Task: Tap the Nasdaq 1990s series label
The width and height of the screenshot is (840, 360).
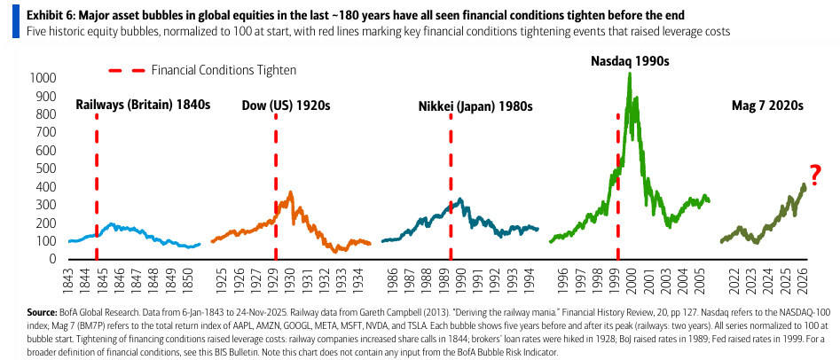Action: pyautogui.click(x=630, y=61)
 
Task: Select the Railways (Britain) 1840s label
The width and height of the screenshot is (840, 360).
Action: pyautogui.click(x=142, y=105)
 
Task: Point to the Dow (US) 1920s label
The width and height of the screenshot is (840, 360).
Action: pyautogui.click(x=286, y=105)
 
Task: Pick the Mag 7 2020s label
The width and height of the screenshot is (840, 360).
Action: pyautogui.click(x=766, y=105)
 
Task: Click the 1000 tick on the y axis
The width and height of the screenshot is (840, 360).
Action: pyautogui.click(x=41, y=78)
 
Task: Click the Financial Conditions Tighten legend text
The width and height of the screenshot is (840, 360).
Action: pyautogui.click(x=224, y=69)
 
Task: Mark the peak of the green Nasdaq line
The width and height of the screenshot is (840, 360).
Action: pyautogui.click(x=629, y=74)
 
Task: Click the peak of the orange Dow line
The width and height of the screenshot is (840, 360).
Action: pyautogui.click(x=290, y=192)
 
